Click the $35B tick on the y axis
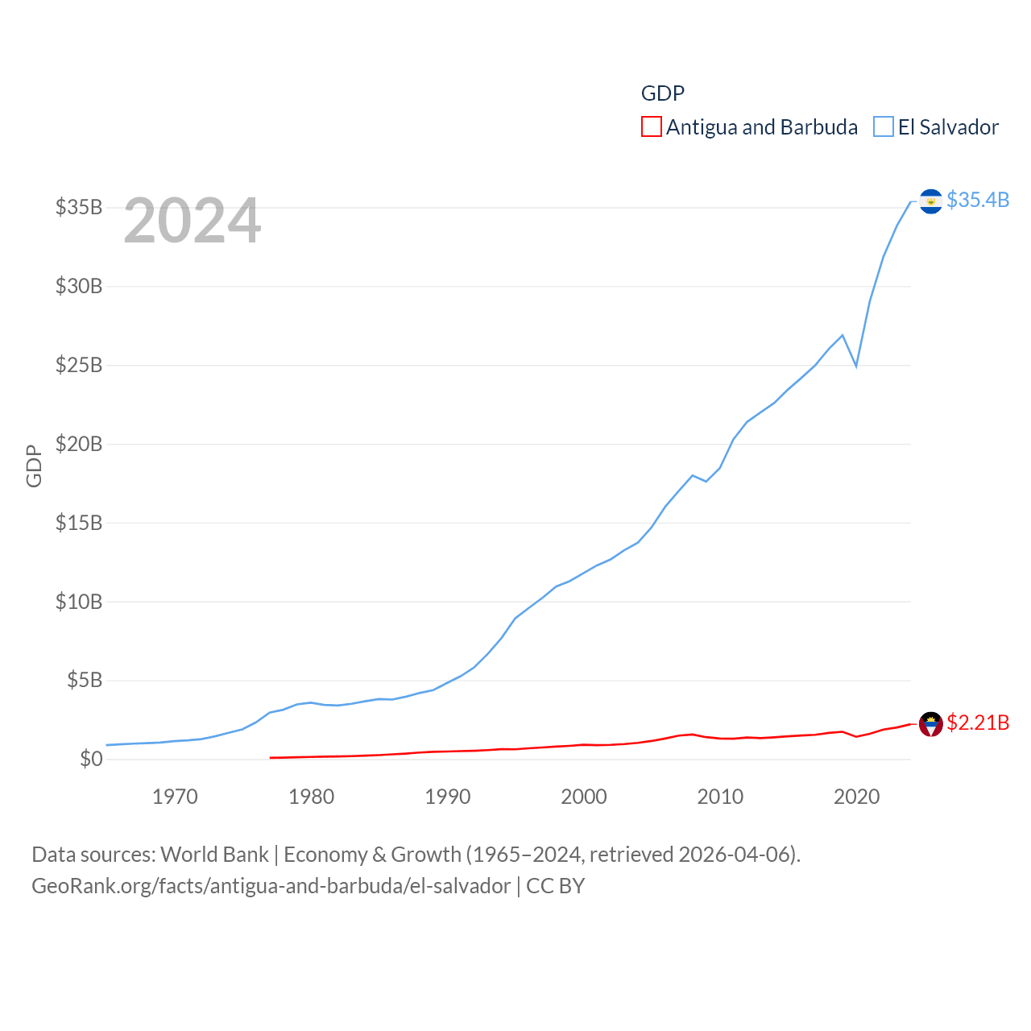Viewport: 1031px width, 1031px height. (79, 207)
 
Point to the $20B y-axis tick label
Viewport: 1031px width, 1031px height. (79, 444)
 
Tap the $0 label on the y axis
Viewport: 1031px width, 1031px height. (91, 759)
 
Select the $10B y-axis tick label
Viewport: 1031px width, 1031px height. (79, 602)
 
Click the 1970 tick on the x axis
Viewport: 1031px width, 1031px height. (175, 797)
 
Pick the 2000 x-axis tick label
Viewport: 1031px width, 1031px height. (584, 797)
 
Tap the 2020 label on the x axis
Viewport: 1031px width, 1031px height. (856, 797)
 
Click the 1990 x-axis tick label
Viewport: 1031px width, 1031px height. (448, 797)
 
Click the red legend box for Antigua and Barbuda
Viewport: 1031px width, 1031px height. (651, 127)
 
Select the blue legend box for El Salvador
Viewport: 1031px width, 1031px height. (884, 127)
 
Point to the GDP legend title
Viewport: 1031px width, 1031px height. (662, 93)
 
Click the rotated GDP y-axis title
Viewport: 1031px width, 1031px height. (34, 466)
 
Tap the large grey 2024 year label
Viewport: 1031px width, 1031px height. (192, 221)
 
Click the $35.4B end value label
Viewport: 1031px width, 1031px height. (978, 200)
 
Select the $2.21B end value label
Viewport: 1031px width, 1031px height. (978, 723)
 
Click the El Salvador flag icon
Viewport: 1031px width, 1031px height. (930, 201)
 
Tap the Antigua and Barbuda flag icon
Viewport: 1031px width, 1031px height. (930, 724)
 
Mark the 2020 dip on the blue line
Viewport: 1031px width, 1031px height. (856, 366)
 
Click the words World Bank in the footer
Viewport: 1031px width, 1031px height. (215, 855)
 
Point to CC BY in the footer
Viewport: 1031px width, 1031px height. (555, 886)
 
